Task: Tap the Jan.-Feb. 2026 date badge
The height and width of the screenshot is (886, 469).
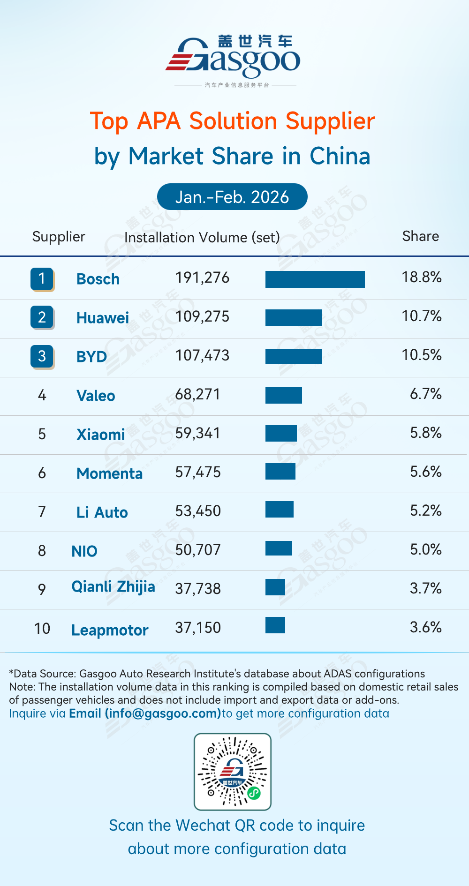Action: pos(232,197)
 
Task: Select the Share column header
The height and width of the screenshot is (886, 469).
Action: pos(420,236)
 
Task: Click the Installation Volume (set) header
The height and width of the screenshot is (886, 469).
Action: pos(202,238)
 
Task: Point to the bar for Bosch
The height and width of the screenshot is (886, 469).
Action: pos(315,279)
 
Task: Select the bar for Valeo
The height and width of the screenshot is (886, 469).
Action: pos(283,395)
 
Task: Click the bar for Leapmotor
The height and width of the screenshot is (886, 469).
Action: pos(275,625)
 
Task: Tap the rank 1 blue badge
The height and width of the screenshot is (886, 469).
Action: pos(42,279)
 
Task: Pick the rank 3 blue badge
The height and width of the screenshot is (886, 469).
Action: pos(42,356)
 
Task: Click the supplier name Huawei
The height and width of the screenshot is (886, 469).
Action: pos(102,318)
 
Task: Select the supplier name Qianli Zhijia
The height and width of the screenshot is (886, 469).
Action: pos(113,587)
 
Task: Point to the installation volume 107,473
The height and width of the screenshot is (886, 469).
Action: pos(202,356)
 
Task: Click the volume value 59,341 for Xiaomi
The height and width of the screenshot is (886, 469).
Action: pos(197,434)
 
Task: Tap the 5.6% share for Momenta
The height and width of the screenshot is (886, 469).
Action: pos(425,472)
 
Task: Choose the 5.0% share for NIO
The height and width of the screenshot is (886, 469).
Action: pos(425,550)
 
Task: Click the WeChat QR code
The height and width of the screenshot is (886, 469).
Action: pos(233,772)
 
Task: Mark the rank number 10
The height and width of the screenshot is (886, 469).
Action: pos(42,629)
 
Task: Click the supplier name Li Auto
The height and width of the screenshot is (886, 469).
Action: pos(102,512)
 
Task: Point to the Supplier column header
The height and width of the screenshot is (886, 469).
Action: pos(59,237)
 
